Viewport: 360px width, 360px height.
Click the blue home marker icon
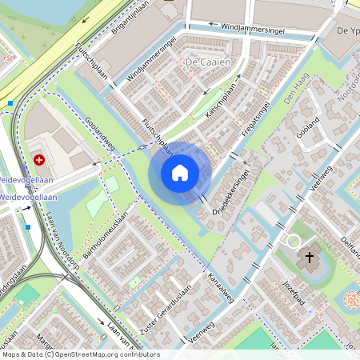(x=180, y=172)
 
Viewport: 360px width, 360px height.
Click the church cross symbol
(x=310, y=258)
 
